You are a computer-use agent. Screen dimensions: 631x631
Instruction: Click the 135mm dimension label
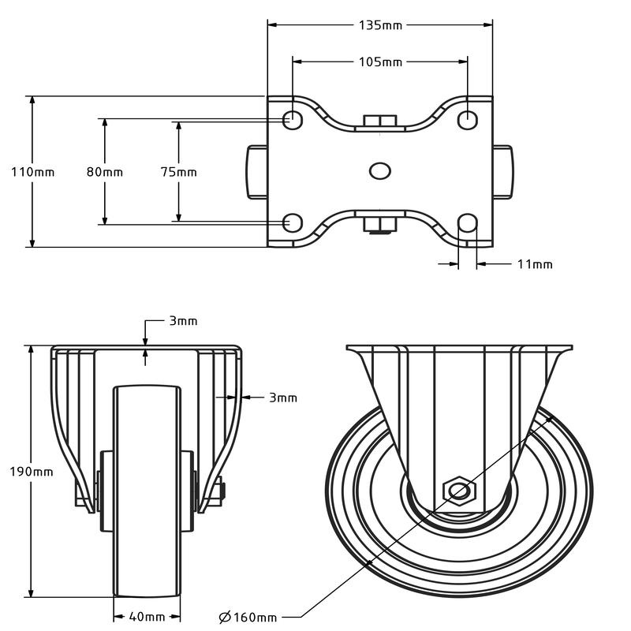(380, 25)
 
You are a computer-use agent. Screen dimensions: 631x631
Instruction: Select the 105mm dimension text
(380, 62)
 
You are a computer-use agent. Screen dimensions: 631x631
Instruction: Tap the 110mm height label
(32, 172)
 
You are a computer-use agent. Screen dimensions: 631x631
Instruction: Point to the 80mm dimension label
(105, 172)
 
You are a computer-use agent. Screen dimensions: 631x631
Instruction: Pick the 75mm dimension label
(179, 172)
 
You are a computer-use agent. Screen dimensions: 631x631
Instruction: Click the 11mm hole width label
(535, 264)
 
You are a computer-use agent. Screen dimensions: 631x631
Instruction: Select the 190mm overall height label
(32, 472)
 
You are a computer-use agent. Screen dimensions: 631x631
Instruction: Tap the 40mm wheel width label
(147, 617)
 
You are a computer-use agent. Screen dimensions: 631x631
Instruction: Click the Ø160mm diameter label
(248, 617)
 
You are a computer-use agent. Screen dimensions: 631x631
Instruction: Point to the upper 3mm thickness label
(184, 321)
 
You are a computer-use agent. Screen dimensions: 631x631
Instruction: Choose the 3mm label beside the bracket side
(283, 398)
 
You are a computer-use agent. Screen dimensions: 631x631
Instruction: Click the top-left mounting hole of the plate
(293, 119)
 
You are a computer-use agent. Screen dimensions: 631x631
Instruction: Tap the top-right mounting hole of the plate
(468, 119)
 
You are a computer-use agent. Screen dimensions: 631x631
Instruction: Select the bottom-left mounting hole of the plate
(293, 223)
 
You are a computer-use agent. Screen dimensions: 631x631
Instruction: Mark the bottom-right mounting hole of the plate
(468, 223)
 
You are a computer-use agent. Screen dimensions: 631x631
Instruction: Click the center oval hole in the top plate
(380, 171)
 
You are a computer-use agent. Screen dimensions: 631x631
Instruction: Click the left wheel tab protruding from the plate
(257, 172)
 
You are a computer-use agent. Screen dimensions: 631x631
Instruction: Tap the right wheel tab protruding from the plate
(502, 172)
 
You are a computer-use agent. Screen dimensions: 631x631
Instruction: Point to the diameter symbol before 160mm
(225, 617)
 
